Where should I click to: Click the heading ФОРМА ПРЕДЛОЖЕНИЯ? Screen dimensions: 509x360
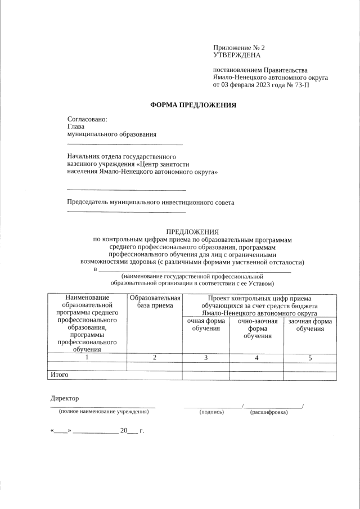click(x=193, y=105)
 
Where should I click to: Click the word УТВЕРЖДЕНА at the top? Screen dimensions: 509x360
click(x=237, y=56)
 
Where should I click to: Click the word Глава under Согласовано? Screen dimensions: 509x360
click(x=76, y=127)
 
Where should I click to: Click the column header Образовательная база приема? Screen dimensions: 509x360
click(x=155, y=301)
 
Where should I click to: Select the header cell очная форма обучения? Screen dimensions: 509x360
click(x=205, y=325)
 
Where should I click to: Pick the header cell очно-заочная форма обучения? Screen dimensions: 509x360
click(x=256, y=328)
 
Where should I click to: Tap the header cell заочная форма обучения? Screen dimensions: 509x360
click(x=310, y=325)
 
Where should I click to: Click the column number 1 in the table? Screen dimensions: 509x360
click(x=87, y=358)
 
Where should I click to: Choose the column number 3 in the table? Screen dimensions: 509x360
click(x=206, y=358)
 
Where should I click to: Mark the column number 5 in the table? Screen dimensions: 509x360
click(x=310, y=358)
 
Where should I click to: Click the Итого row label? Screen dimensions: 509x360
click(x=60, y=374)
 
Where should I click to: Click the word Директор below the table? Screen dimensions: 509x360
click(x=65, y=398)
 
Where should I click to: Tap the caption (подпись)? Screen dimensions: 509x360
click(x=211, y=412)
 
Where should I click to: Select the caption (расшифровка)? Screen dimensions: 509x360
click(x=269, y=412)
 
